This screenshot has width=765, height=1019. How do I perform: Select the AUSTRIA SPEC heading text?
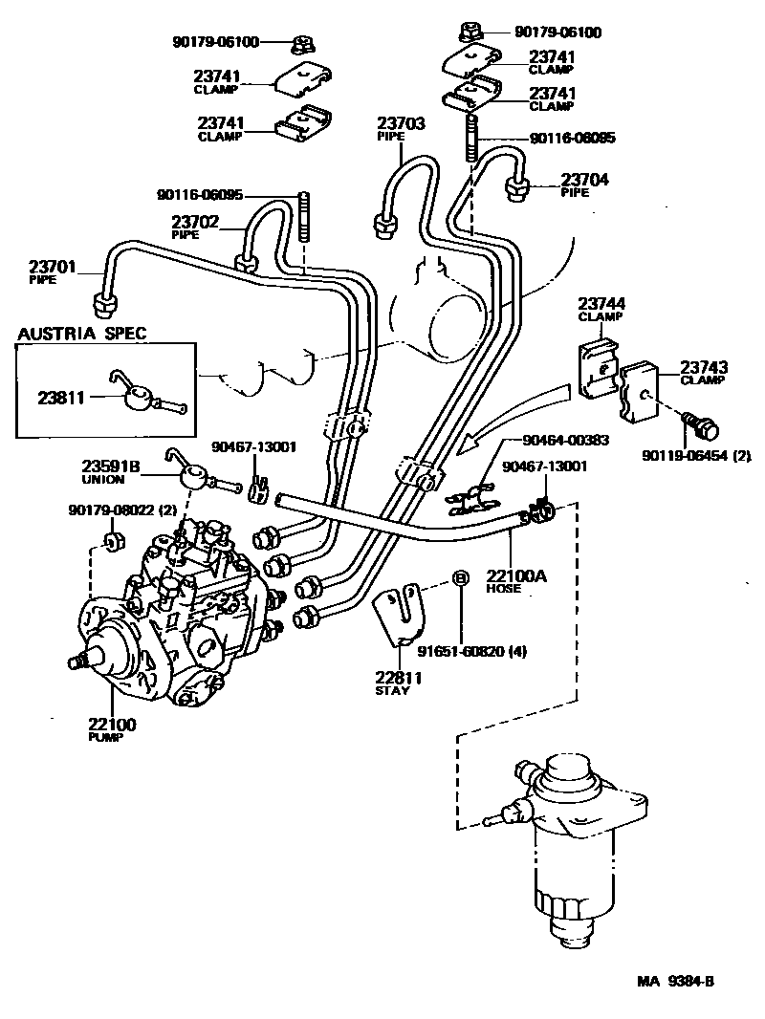pyautogui.click(x=80, y=333)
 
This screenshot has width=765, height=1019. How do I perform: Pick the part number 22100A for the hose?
pyautogui.click(x=517, y=576)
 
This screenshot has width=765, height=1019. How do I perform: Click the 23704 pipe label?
pyautogui.click(x=585, y=179)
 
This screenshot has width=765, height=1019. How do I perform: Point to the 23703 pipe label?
pyautogui.click(x=401, y=123)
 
